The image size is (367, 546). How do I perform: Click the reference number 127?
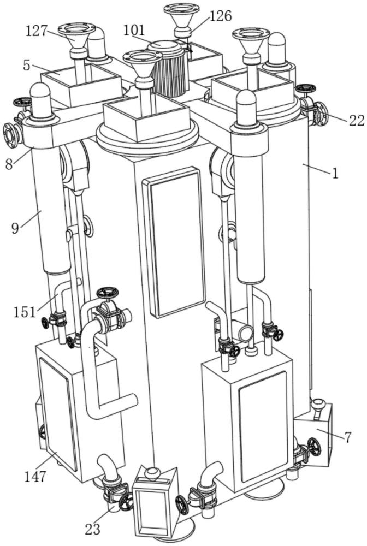click(36, 31)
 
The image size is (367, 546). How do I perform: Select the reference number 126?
click(221, 16)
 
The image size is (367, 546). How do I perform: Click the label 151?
click(25, 312)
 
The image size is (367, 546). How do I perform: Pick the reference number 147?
click(35, 476)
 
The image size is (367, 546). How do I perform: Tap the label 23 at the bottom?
click(92, 529)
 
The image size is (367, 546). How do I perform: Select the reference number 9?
click(15, 228)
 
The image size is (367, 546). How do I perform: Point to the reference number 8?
click(9, 164)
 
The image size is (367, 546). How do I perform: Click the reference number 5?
click(27, 66)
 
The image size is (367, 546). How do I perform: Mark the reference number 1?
click(335, 173)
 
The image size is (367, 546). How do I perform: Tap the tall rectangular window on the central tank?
click(174, 242)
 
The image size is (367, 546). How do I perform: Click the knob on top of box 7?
click(318, 405)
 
